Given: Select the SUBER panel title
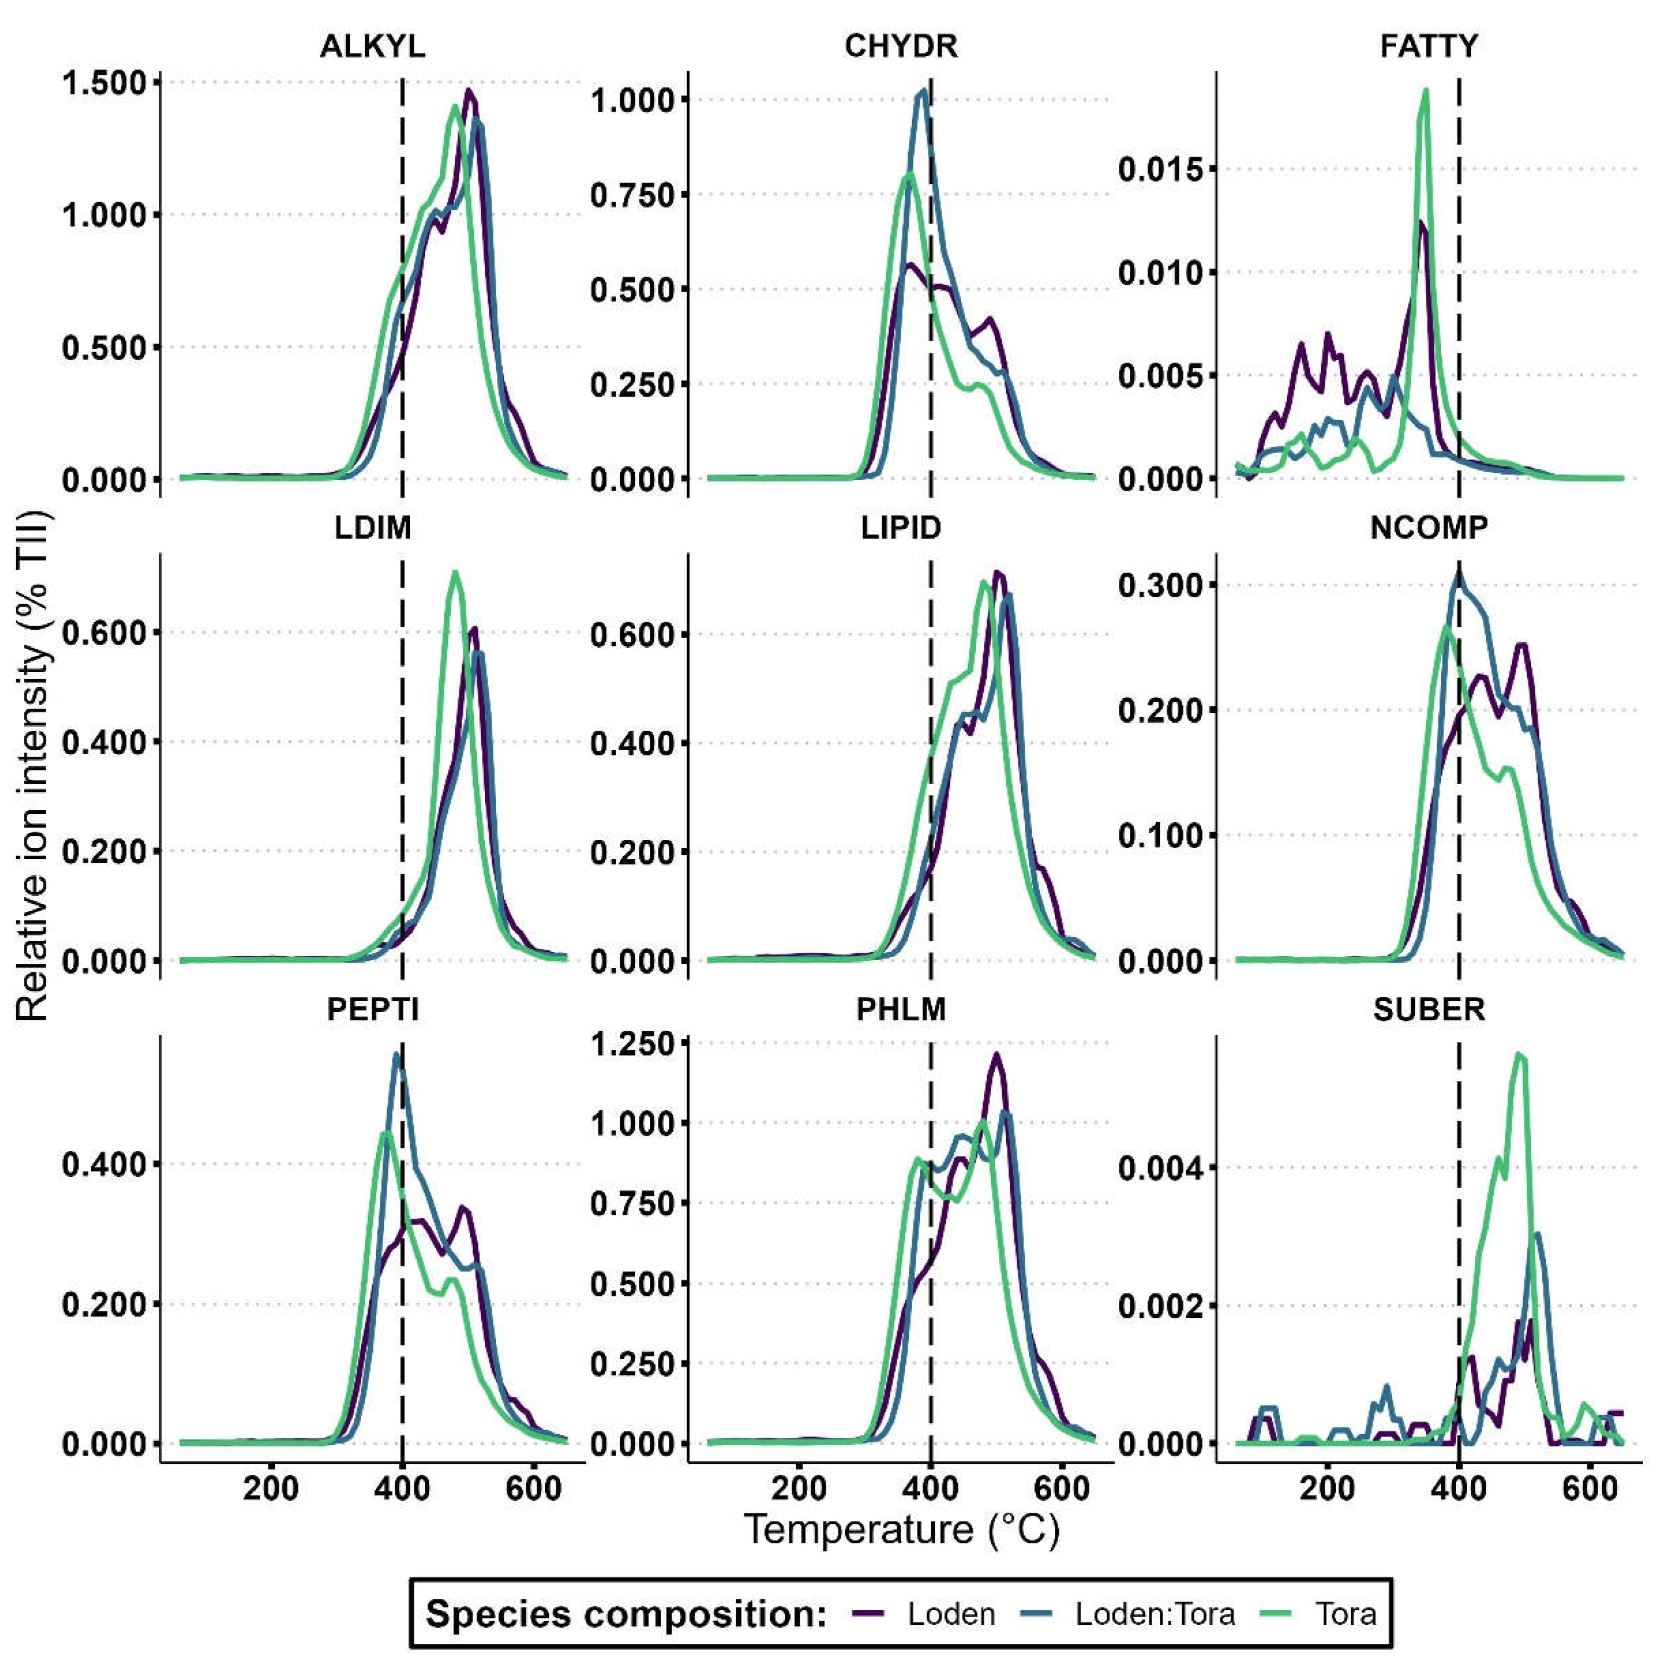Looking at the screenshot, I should [x=1429, y=1009].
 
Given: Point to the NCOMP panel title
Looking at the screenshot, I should [x=1429, y=527].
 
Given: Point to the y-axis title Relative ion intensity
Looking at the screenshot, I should [x=33, y=765].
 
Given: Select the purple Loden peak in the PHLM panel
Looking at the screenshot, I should [x=996, y=1054].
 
